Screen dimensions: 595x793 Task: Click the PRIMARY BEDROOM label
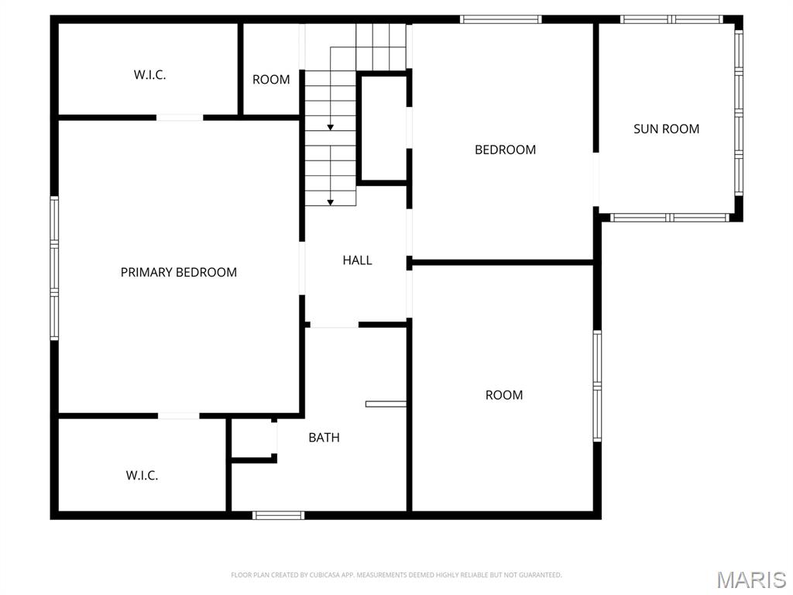(179, 272)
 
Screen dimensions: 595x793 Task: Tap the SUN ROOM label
(666, 129)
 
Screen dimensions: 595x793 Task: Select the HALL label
(357, 260)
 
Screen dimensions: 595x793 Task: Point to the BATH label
(324, 437)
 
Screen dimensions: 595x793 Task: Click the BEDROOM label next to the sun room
(505, 150)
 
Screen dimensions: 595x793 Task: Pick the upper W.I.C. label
(149, 75)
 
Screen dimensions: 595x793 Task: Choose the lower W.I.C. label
(142, 475)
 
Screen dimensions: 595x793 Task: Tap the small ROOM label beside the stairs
(271, 79)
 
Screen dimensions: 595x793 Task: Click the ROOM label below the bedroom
(503, 394)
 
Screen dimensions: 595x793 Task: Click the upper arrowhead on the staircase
(331, 127)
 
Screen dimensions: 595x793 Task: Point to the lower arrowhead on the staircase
(331, 202)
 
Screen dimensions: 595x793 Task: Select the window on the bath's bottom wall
(279, 515)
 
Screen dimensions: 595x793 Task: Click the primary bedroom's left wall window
(54, 268)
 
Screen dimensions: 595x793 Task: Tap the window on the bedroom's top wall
(500, 19)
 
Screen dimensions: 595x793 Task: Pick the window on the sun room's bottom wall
(670, 218)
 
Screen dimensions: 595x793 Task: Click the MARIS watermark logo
(751, 580)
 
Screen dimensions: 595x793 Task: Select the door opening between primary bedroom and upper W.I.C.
(180, 118)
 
